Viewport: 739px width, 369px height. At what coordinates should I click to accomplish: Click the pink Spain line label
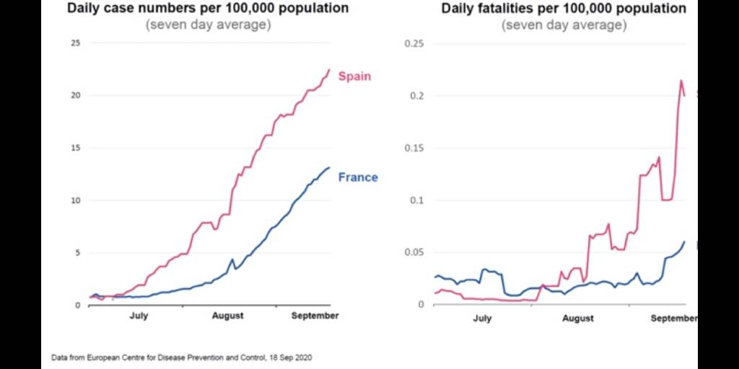[354, 76]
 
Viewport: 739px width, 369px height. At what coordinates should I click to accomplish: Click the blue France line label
[357, 177]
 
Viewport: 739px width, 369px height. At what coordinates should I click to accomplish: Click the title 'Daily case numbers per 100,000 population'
[208, 9]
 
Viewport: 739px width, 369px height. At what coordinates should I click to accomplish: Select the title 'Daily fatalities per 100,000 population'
[564, 9]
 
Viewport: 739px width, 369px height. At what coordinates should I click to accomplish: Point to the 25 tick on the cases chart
[75, 43]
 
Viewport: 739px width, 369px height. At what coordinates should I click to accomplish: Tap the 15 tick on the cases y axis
[75, 148]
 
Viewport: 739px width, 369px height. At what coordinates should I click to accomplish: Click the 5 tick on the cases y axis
[77, 252]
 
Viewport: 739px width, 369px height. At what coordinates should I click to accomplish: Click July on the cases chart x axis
[139, 316]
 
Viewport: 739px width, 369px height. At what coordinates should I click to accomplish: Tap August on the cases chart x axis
[227, 316]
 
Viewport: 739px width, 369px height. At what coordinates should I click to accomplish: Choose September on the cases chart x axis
[315, 316]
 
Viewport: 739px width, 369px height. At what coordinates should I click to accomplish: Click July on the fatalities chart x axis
[482, 318]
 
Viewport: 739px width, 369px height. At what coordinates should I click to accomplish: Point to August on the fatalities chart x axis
[578, 318]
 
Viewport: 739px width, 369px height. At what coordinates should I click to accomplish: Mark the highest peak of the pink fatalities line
[681, 80]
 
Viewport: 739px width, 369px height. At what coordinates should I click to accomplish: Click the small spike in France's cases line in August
[232, 259]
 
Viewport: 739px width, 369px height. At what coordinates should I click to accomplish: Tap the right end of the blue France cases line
[329, 167]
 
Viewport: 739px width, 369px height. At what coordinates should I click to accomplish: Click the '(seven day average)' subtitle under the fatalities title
[564, 25]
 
